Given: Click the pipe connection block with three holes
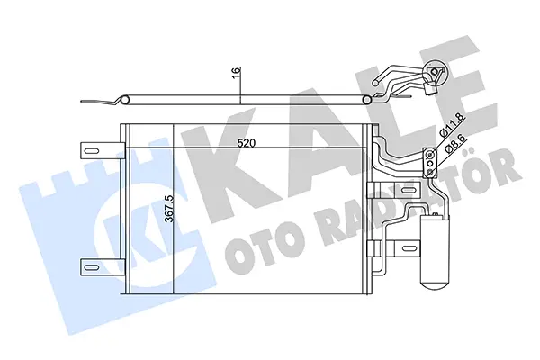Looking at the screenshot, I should pos(428,159).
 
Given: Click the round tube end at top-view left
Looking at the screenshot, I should pos(126,100).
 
